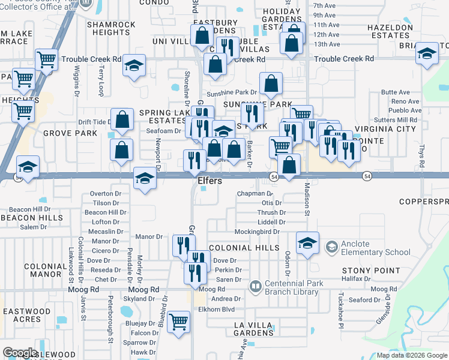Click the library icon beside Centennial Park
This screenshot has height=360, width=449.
256,287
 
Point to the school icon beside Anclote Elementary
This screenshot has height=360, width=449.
331,247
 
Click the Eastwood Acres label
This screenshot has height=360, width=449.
26,316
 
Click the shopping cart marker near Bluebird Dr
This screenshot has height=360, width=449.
179,322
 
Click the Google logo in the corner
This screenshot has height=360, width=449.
20,353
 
